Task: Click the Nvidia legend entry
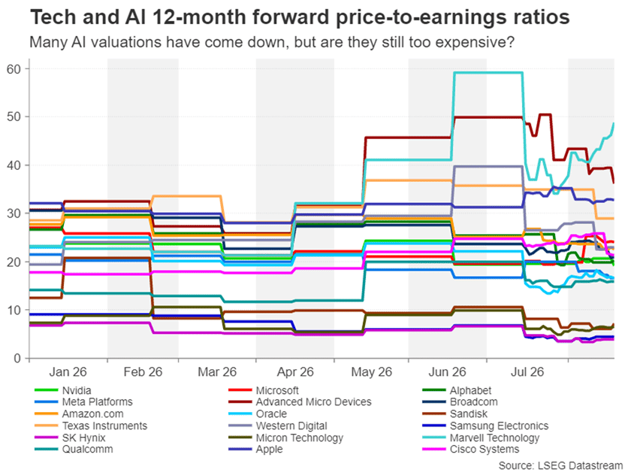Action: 63,390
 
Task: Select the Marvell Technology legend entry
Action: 481,438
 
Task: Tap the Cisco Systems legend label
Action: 485,449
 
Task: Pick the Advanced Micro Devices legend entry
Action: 300,402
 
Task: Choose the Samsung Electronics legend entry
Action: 485,426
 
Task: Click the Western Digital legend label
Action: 291,426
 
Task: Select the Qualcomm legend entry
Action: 74,449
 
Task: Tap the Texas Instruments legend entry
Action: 91,426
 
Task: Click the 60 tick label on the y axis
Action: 14,69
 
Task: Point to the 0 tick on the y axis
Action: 17,358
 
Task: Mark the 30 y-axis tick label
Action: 14,214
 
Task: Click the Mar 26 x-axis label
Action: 217,371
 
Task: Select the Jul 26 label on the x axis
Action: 527,371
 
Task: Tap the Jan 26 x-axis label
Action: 68,371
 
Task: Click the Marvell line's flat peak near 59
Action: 488,72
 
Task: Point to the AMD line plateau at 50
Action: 488,117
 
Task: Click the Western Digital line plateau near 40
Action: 488,166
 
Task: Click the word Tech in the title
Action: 53,17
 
